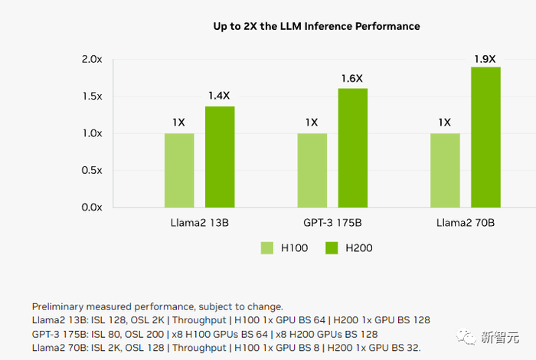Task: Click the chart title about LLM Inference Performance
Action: pos(316,26)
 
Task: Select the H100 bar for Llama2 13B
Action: pos(179,170)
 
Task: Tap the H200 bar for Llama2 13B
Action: pos(220,156)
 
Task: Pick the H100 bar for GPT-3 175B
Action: pos(312,170)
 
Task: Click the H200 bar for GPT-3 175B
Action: pos(353,148)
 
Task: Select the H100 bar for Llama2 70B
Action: pos(445,170)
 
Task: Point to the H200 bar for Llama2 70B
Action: pos(485,137)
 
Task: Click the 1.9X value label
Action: pos(485,58)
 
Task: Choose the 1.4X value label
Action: pos(220,96)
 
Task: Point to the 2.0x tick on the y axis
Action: pos(92,60)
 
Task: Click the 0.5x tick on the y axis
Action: pos(92,170)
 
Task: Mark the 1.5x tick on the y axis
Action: pos(92,97)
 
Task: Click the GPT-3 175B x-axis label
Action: pos(332,223)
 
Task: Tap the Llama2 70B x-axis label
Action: pos(465,223)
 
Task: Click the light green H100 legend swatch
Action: pos(267,247)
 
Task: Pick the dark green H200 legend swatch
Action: pos(332,247)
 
